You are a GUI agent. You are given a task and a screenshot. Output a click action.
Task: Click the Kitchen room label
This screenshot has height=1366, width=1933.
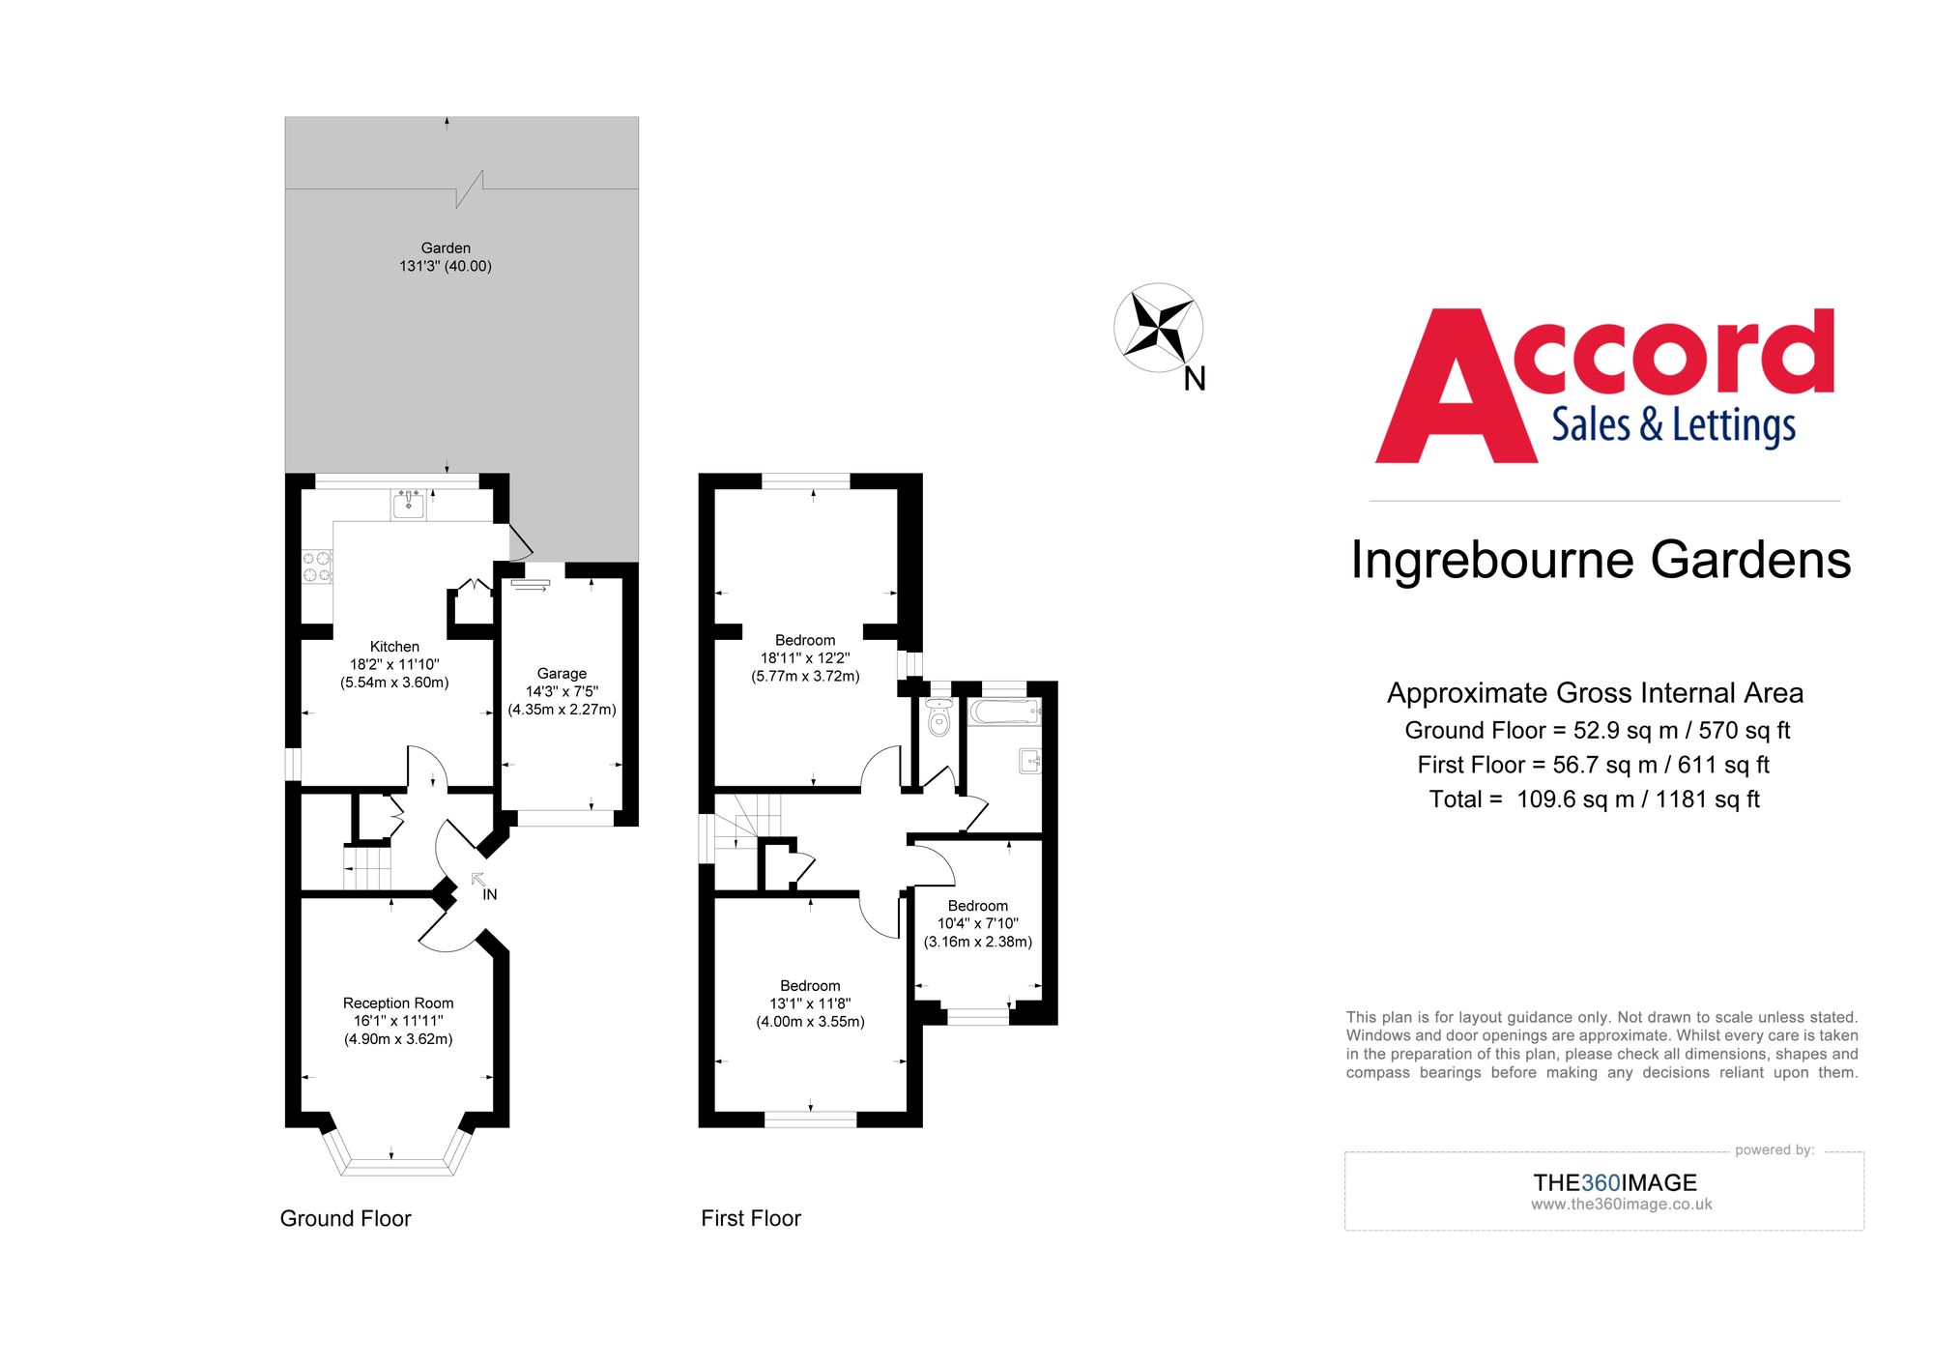click(x=394, y=647)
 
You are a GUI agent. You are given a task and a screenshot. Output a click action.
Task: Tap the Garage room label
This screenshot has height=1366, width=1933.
click(x=562, y=674)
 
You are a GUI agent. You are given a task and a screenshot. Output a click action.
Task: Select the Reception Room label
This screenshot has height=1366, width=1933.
click(x=398, y=1003)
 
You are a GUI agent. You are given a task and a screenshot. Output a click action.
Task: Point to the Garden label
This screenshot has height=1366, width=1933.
click(x=446, y=248)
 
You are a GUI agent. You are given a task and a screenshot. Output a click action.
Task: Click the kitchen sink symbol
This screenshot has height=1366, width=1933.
click(x=409, y=504)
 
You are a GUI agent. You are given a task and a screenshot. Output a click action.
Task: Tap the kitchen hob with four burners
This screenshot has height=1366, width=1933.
click(x=317, y=567)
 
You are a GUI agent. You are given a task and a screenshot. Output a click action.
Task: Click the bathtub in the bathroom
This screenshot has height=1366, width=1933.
click(x=1005, y=712)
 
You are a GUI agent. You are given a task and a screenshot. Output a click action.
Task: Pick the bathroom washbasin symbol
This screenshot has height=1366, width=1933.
click(x=1030, y=761)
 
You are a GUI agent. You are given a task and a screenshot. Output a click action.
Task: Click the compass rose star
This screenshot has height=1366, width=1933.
click(x=1159, y=328)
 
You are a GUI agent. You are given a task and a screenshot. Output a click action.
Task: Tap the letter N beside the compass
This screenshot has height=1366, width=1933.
click(x=1195, y=379)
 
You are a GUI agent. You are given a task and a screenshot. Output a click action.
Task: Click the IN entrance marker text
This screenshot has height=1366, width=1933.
click(x=490, y=895)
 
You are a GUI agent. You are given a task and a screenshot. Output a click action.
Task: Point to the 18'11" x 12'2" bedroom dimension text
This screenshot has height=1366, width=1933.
click(x=805, y=658)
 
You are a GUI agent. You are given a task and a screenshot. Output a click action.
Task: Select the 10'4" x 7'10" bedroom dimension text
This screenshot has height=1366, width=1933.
click(x=978, y=923)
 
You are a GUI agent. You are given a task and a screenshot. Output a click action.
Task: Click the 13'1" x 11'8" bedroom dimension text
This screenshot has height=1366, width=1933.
click(x=810, y=1003)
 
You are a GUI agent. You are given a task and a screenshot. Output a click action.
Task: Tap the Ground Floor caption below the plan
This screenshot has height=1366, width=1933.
click(x=345, y=1218)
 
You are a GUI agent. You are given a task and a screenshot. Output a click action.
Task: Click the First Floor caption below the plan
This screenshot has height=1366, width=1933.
click(x=751, y=1218)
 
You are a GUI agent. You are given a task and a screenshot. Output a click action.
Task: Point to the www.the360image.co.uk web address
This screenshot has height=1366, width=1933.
click(x=1621, y=1205)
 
